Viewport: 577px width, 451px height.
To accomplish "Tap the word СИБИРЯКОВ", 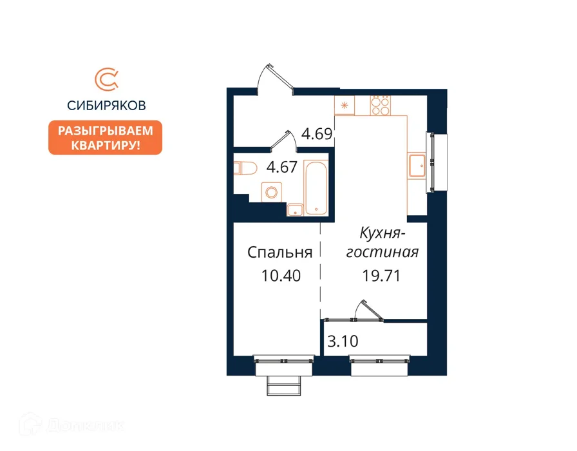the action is coord(106,106).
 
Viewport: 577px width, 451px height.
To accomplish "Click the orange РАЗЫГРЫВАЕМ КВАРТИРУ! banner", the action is coord(105,137).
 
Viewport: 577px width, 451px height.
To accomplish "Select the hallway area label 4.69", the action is coord(317,133).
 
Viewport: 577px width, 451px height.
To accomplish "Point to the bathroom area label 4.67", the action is coord(282,167).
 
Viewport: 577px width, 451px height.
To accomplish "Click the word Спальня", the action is coord(280,253).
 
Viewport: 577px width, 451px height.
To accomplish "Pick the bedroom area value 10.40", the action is coord(281,275).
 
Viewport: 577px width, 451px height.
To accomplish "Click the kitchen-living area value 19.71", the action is coord(381,275).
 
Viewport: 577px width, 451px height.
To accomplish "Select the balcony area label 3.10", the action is coord(343,341).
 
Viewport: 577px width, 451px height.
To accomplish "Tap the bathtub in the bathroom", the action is coord(316,187).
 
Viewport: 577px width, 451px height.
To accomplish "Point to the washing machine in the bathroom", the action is coord(272,192).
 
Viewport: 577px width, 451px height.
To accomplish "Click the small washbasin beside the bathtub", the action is coord(295,210).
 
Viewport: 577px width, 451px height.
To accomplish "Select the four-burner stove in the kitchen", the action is coord(381,106).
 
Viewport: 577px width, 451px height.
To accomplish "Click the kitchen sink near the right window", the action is coord(417,166).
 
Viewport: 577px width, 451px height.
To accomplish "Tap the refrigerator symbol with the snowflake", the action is coord(345,106).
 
